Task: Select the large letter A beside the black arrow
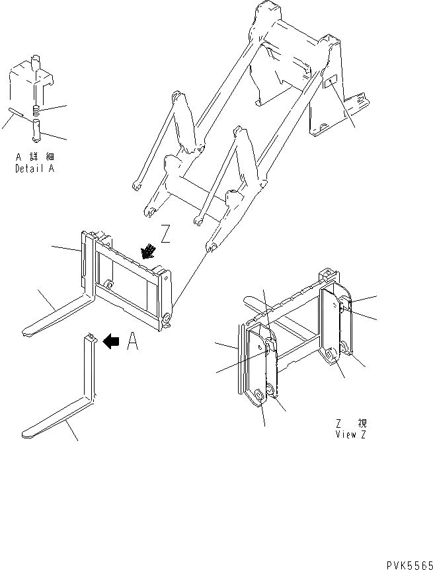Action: [x=132, y=341]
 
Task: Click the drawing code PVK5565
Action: [x=407, y=560]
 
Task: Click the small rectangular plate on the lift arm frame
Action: [x=331, y=83]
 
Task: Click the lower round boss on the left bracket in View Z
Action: [x=258, y=396]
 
